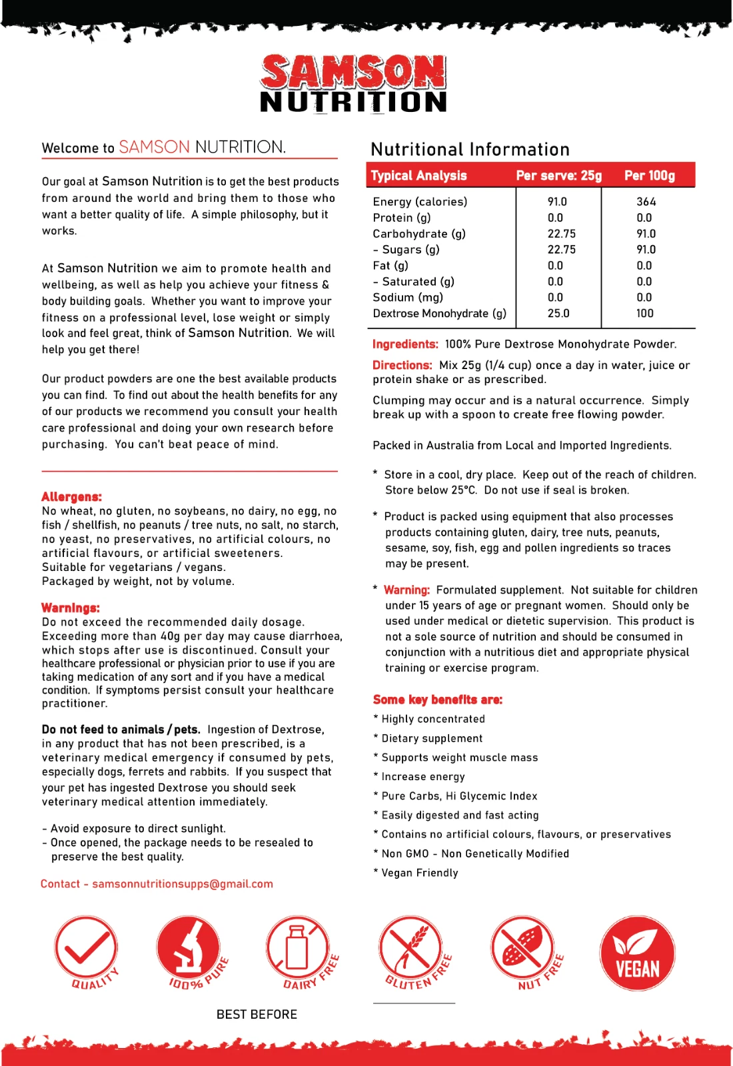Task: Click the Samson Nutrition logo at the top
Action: coord(353,84)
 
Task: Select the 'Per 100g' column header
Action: coord(649,176)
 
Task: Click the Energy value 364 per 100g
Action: coord(646,202)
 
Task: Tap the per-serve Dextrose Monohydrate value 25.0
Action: coord(558,313)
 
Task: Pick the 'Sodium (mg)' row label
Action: coord(408,297)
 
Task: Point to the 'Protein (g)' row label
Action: coord(402,218)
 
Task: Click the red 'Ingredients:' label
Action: coord(405,344)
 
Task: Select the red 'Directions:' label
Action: coord(402,366)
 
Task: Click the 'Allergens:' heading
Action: coord(71,497)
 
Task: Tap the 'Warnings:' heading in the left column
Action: coord(71,608)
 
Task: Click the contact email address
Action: coord(182,884)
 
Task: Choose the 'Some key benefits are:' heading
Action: coord(437,700)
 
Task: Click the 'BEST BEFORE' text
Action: coord(257,1015)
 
